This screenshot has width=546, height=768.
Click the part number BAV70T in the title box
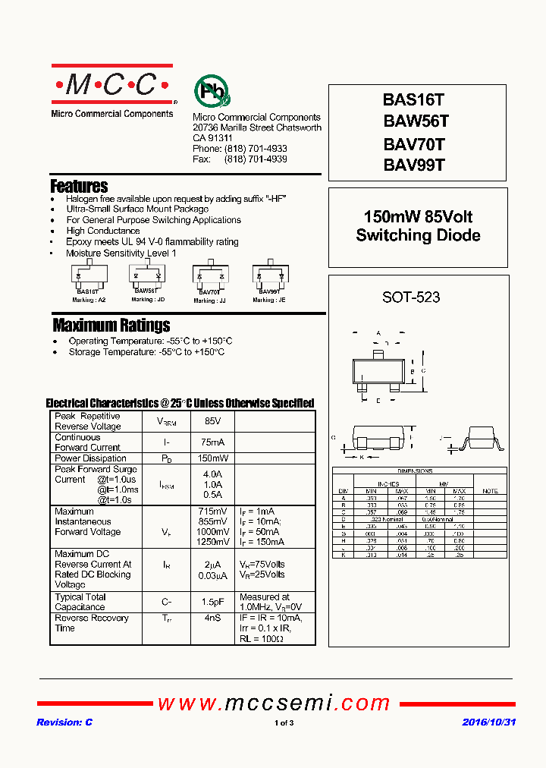414,144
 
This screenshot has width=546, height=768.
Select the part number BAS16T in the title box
414,99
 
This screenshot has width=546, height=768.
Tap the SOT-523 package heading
411,297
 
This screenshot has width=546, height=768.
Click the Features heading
79,186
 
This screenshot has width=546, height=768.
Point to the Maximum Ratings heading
111,326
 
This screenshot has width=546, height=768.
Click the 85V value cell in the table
212,421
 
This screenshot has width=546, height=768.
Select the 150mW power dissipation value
212,458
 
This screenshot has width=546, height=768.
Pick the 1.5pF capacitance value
212,602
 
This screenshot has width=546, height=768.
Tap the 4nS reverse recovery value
212,618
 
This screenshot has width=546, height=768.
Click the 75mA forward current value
212,442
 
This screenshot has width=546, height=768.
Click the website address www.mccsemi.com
273,703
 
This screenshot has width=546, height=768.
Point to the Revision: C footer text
64,722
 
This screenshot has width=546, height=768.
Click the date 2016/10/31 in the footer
488,722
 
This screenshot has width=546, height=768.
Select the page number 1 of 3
284,723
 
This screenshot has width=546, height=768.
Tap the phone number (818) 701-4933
256,149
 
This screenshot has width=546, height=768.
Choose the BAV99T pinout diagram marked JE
270,278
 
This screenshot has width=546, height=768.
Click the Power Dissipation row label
90,458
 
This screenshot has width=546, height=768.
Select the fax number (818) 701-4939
256,159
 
